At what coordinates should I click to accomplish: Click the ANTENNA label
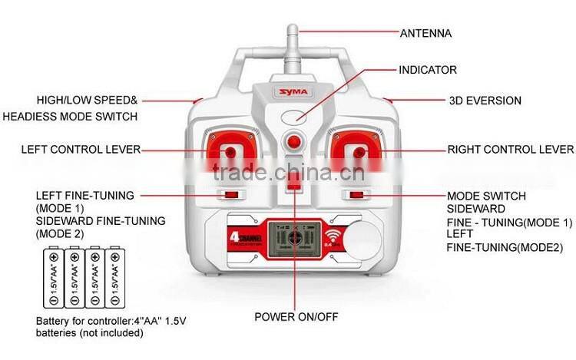(425, 33)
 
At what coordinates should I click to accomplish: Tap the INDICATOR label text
(427, 70)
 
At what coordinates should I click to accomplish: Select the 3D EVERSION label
(485, 101)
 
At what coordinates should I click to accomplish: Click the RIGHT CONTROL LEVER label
(510, 150)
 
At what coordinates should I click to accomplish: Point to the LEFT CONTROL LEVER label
(81, 150)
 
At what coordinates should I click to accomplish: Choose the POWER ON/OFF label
(296, 316)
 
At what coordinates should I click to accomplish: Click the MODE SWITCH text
(486, 197)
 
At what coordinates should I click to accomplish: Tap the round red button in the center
(292, 142)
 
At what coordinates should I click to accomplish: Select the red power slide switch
(292, 182)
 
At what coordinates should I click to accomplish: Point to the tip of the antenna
(292, 29)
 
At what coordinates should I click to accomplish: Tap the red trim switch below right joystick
(355, 195)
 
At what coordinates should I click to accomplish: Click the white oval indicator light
(292, 117)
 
